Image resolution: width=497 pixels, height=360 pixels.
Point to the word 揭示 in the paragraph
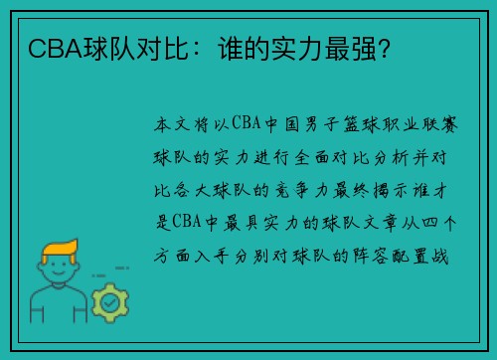404,188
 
